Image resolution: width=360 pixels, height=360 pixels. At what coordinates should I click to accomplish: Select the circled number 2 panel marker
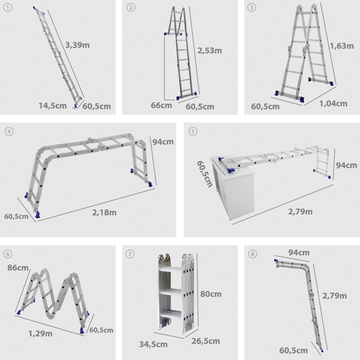tap(131, 8)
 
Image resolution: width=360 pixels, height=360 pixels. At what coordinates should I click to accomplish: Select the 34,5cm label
tap(154, 344)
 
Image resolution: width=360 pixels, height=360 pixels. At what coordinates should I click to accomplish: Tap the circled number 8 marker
tap(253, 254)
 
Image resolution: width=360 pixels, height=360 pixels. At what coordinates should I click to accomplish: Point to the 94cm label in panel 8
tap(299, 252)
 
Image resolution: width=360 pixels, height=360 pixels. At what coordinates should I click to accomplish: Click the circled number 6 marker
tap(8, 254)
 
